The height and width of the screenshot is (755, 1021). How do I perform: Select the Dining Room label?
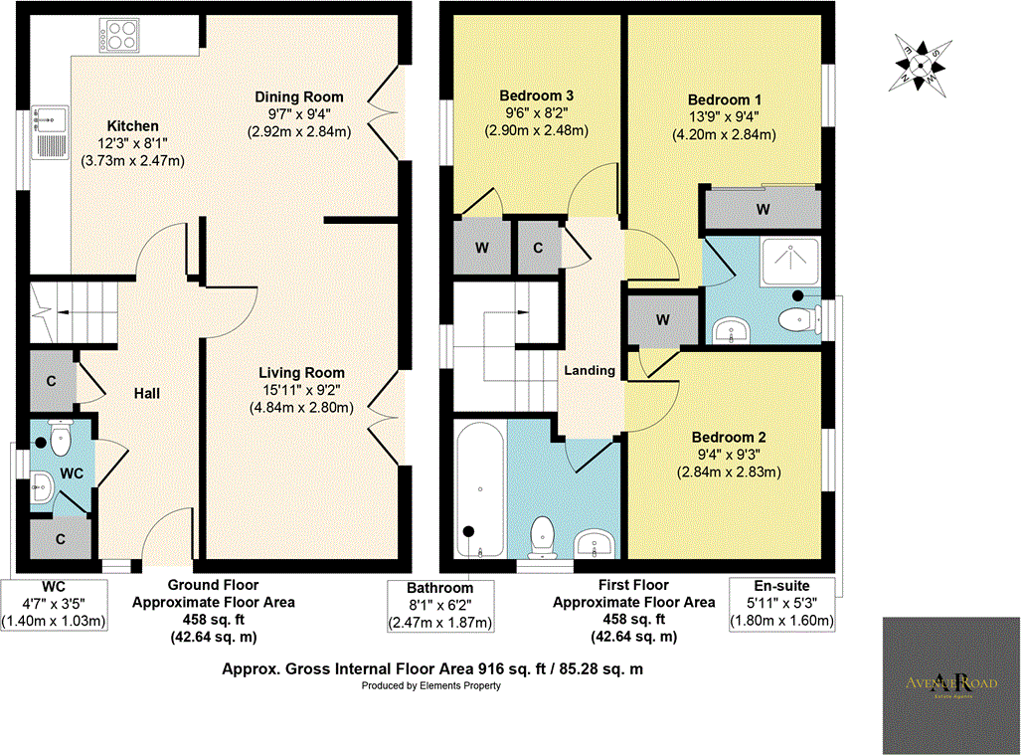pyautogui.click(x=299, y=96)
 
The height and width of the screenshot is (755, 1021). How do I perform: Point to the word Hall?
pyautogui.click(x=147, y=394)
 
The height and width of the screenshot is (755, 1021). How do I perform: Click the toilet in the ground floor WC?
pyautogui.click(x=60, y=437)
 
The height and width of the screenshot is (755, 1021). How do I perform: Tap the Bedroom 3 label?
pyautogui.click(x=536, y=95)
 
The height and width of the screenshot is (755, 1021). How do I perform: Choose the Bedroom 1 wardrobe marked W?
pyautogui.click(x=762, y=209)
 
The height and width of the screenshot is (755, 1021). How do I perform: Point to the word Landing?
pyautogui.click(x=591, y=370)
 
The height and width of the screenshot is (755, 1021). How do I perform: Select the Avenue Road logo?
pyautogui.click(x=951, y=685)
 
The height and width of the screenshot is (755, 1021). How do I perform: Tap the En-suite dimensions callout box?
pyautogui.click(x=782, y=605)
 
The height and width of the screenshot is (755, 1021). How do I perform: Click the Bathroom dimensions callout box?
pyautogui.click(x=440, y=606)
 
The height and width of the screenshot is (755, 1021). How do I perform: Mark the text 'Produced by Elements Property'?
pyautogui.click(x=431, y=686)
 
